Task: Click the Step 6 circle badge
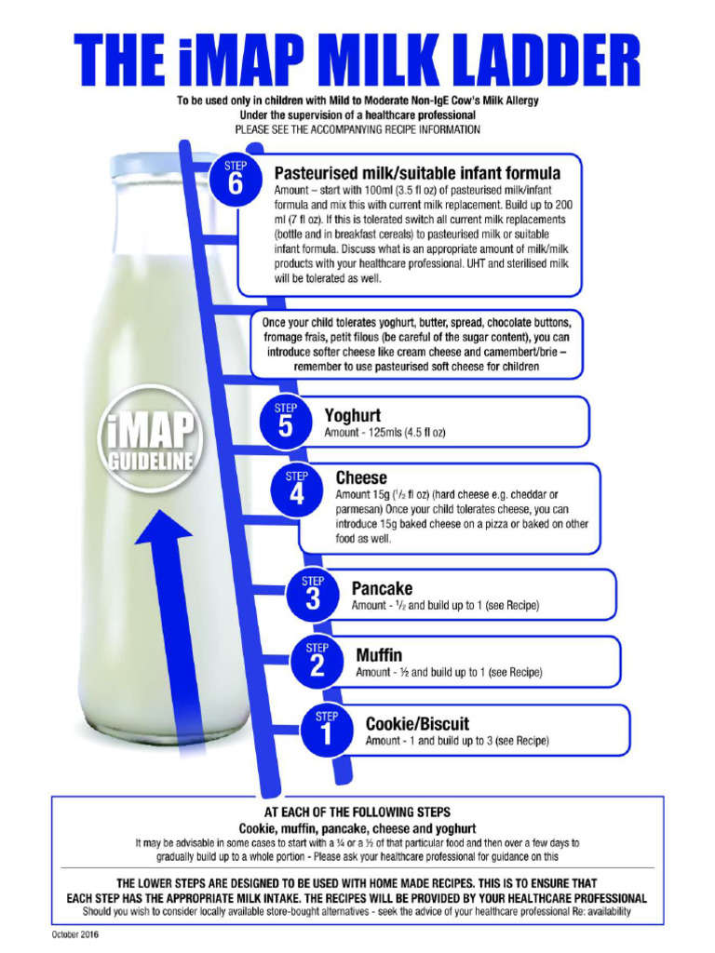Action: (x=235, y=177)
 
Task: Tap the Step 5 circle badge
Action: (x=286, y=422)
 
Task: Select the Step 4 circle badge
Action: (x=296, y=489)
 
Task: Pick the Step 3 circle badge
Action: (x=313, y=594)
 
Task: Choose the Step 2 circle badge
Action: (x=317, y=660)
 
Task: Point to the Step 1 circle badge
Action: (x=326, y=729)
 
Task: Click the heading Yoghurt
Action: (x=352, y=416)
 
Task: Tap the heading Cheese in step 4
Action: (x=361, y=477)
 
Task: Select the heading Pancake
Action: (x=382, y=589)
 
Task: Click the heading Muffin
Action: (x=379, y=655)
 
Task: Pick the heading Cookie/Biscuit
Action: (x=417, y=724)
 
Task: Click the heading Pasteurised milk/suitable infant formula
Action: (x=417, y=173)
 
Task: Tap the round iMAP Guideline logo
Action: (x=150, y=438)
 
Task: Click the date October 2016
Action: (x=76, y=933)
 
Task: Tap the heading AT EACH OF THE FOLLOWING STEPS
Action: (x=357, y=812)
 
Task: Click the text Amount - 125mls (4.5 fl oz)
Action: (x=384, y=434)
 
